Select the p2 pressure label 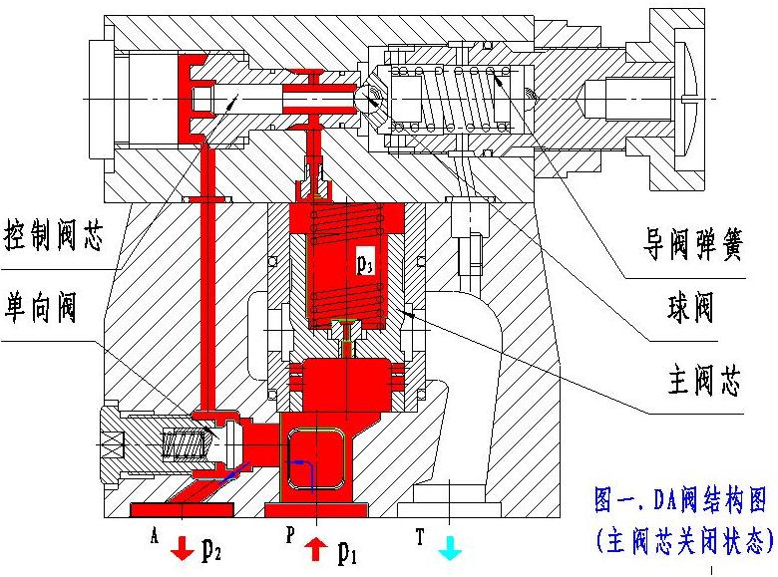click(x=211, y=550)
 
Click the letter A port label click(x=155, y=535)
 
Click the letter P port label click(x=288, y=535)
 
